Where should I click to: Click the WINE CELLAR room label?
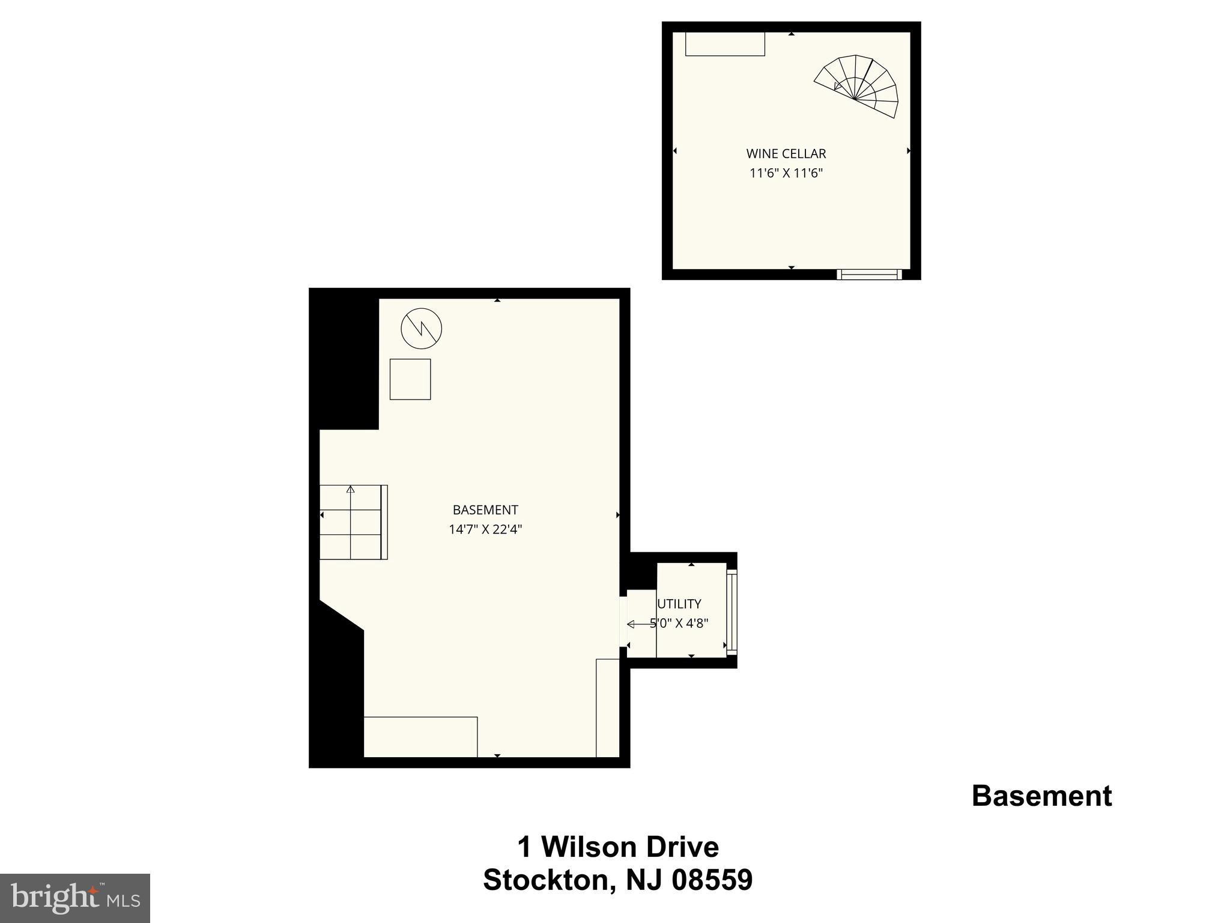[x=786, y=154]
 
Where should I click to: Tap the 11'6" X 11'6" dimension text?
[x=786, y=174]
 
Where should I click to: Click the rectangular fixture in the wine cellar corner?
[x=725, y=44]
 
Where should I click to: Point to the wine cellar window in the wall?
[x=869, y=275]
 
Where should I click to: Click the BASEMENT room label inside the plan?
[x=485, y=510]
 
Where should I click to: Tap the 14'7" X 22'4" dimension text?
[x=485, y=530]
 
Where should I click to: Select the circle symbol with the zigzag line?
[x=421, y=329]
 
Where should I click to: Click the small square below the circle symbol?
[x=410, y=379]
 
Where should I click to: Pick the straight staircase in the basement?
[x=353, y=522]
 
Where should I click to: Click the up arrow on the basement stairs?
[x=350, y=490]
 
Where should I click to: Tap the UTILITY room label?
[x=679, y=604]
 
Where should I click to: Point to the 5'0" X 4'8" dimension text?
[x=679, y=624]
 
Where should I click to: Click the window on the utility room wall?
[x=732, y=610]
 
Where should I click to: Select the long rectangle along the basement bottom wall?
[x=420, y=737]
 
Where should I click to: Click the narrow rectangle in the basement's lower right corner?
[x=607, y=708]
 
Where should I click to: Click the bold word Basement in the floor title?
[x=1041, y=796]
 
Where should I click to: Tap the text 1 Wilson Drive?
[x=618, y=847]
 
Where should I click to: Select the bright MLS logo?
[x=75, y=898]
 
